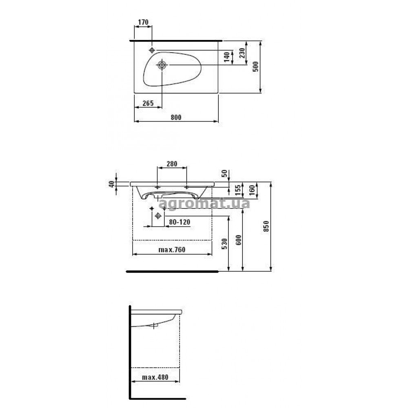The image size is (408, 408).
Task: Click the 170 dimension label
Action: [143, 22]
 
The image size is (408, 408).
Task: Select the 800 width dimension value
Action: [176, 118]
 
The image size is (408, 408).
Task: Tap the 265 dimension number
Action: [148, 103]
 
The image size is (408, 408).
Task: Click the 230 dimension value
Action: [242, 53]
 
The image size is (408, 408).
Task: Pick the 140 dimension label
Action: [226, 57]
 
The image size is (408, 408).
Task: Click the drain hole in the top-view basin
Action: [162, 64]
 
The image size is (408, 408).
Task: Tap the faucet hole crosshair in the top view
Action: [152, 50]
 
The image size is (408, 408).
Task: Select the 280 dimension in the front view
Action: [172, 164]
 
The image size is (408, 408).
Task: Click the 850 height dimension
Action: [266, 226]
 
